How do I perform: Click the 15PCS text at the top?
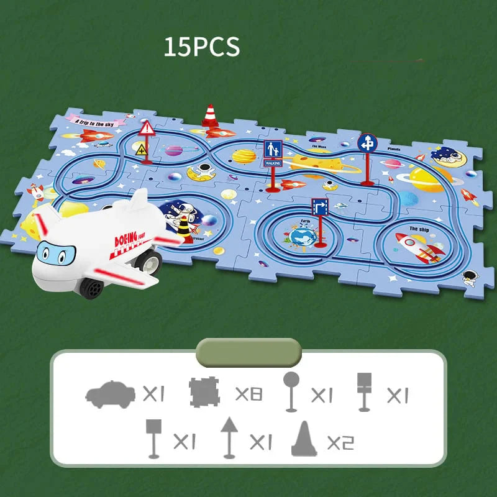click(x=201, y=48)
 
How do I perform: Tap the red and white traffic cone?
click(x=209, y=117)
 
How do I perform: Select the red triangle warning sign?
click(x=147, y=129)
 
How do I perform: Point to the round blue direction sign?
click(x=367, y=143)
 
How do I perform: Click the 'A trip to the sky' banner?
click(x=96, y=121)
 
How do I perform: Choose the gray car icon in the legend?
click(x=110, y=393)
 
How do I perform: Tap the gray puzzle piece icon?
click(x=204, y=393)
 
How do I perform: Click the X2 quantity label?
click(x=340, y=442)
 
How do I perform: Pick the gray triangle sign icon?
click(x=229, y=437)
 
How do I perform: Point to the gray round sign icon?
click(x=291, y=391)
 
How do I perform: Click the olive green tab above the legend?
click(x=248, y=352)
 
